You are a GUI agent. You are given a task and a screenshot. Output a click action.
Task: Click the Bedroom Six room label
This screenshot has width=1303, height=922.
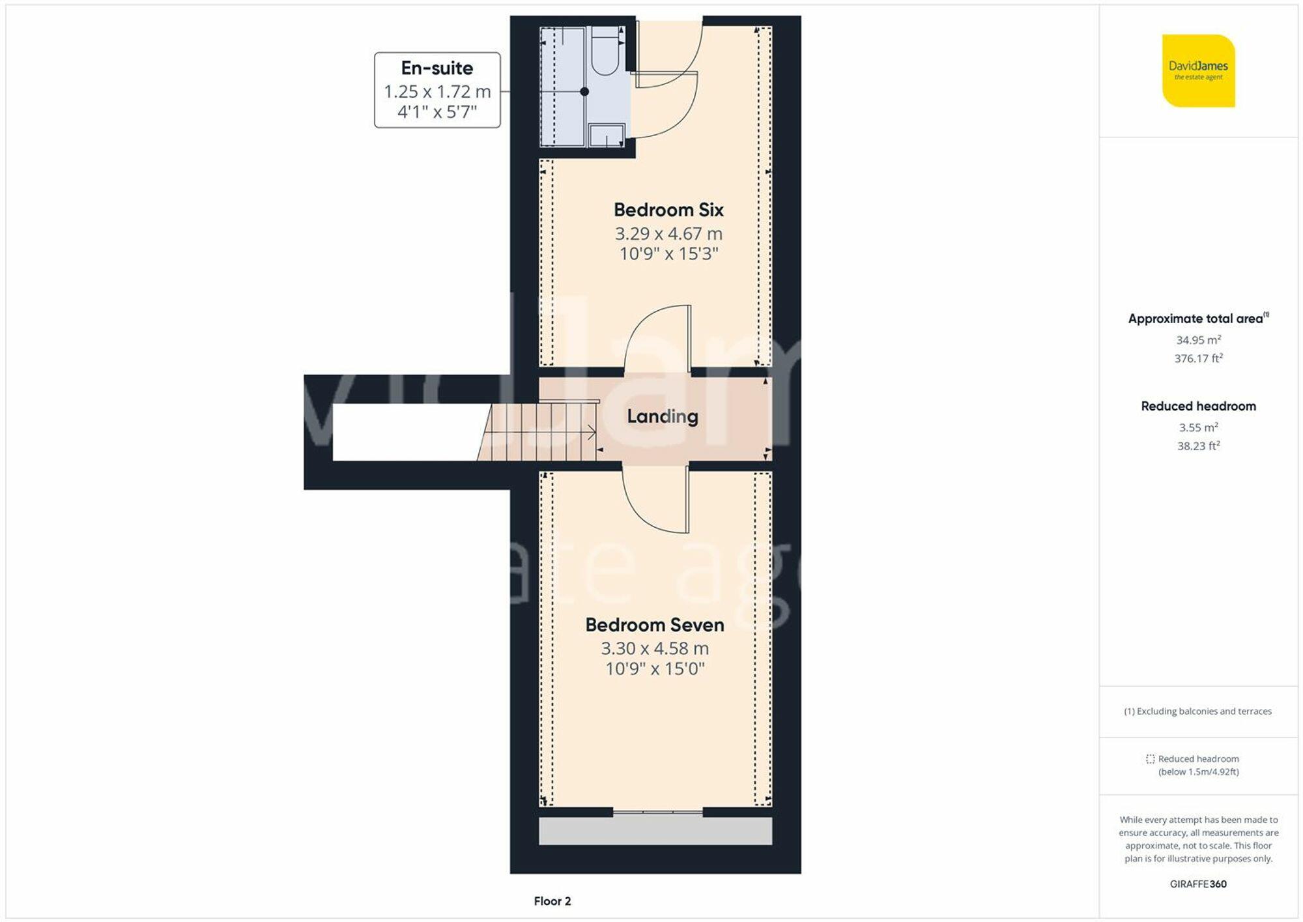[x=668, y=210]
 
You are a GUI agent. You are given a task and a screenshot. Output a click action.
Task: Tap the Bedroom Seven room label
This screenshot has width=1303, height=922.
[x=655, y=625]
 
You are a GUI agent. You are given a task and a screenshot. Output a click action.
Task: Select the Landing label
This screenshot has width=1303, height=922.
[x=663, y=416]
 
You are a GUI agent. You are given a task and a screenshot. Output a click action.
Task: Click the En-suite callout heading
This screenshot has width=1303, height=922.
[x=437, y=68]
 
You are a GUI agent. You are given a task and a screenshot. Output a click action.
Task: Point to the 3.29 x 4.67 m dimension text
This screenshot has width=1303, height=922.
[x=668, y=233]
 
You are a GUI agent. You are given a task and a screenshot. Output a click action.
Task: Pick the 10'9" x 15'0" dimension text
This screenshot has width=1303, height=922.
[x=655, y=669]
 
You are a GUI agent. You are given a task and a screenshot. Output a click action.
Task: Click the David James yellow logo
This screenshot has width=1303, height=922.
[x=1198, y=71]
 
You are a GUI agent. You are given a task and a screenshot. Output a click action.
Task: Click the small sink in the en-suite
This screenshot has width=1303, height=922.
[x=607, y=136]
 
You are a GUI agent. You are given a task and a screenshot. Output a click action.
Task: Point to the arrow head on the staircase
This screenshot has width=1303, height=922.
[x=592, y=432]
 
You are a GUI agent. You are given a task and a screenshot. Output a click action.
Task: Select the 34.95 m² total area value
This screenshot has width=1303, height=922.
[x=1198, y=340]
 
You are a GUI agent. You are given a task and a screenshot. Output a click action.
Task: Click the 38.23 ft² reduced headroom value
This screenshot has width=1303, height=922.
[x=1198, y=446]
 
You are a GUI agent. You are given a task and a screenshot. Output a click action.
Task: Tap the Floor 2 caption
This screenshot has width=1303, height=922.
[x=552, y=901]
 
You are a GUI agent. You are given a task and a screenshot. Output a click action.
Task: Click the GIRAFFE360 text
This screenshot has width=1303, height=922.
[x=1198, y=884]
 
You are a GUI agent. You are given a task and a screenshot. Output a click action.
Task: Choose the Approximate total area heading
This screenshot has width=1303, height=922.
[x=1196, y=319]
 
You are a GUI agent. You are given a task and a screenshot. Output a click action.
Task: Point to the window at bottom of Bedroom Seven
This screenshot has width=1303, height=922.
[x=657, y=812]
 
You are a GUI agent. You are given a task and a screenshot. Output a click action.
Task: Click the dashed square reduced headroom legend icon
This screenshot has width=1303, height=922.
[x=1150, y=759]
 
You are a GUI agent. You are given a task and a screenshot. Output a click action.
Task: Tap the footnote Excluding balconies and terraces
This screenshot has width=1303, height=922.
[x=1197, y=712]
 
